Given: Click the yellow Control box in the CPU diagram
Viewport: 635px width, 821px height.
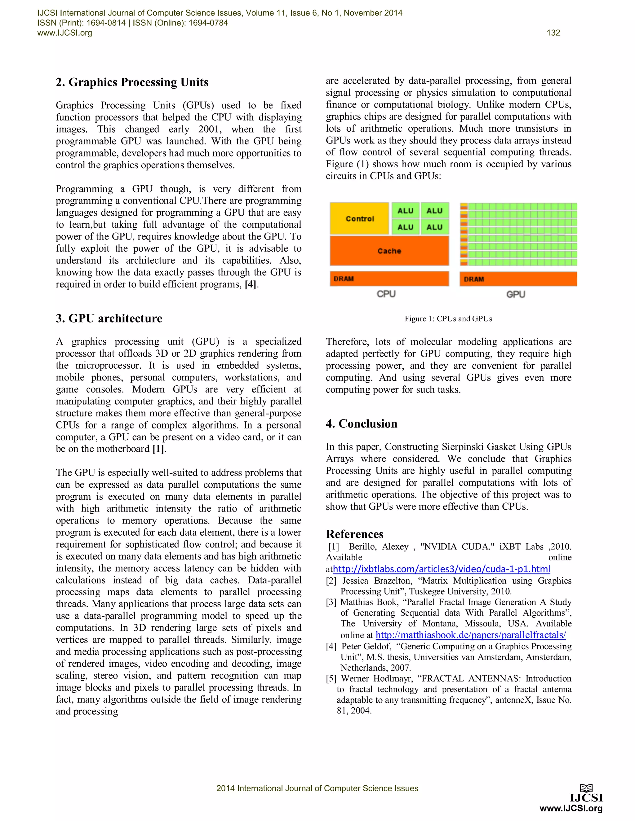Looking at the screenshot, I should (359, 218).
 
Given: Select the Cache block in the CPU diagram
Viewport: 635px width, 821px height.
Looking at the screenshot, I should (389, 251).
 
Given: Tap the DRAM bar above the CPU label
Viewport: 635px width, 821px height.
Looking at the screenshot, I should (389, 279).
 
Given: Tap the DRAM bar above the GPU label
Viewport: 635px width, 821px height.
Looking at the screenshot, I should (518, 279).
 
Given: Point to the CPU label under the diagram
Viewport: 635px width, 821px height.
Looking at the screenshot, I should (386, 294).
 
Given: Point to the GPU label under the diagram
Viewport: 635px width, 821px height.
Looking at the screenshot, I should (515, 294).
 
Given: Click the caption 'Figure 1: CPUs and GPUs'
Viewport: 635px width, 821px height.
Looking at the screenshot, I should (448, 319).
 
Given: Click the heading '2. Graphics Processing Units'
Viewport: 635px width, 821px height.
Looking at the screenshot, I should (132, 82).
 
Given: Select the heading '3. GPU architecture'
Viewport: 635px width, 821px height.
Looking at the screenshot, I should (109, 318).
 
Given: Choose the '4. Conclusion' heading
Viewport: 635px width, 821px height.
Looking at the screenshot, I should (362, 424).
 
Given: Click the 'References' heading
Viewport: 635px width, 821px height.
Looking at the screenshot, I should (355, 534).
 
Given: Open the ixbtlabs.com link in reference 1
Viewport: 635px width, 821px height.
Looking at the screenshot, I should (441, 569).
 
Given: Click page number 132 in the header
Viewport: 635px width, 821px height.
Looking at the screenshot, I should (553, 33).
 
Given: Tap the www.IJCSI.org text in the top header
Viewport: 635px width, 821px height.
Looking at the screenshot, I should (65, 33).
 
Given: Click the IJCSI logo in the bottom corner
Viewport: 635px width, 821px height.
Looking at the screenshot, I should (586, 793).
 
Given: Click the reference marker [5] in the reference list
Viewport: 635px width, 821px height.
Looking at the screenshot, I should (331, 678).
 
